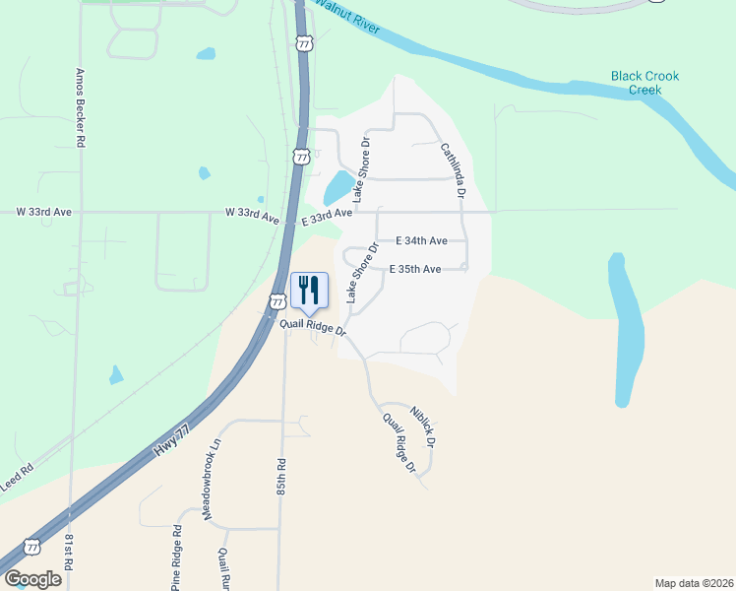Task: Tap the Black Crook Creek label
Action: pyautogui.click(x=644, y=83)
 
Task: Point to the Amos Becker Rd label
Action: pyautogui.click(x=81, y=108)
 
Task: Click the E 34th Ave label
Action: pyautogui.click(x=422, y=240)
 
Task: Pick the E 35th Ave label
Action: pyautogui.click(x=414, y=268)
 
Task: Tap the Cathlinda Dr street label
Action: pyautogui.click(x=452, y=166)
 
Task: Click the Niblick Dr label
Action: pyautogui.click(x=423, y=421)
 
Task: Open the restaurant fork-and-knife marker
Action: pyautogui.click(x=309, y=291)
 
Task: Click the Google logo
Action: pyautogui.click(x=32, y=578)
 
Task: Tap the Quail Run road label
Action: pyautogui.click(x=224, y=569)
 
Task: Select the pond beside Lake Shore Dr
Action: pyautogui.click(x=337, y=184)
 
